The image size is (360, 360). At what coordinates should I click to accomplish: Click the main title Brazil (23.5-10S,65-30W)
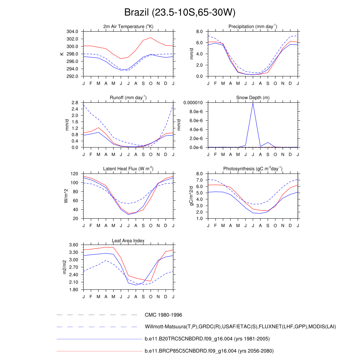coord(180,13)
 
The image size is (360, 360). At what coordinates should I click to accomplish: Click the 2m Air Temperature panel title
coord(128,27)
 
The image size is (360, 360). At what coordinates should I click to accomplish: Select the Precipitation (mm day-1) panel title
coord(253,27)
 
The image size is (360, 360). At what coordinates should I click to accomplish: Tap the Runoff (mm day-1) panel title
coord(128,98)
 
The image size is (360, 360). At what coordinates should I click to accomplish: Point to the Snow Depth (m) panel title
coord(253,98)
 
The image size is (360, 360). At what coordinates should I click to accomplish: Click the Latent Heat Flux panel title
coord(128,169)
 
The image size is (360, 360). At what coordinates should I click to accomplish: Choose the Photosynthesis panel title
coord(253,169)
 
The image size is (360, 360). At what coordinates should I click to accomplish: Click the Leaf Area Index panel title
coord(128,240)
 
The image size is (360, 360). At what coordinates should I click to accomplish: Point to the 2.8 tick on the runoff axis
coord(75,103)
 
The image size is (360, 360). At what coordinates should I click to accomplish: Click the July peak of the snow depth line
coord(253,103)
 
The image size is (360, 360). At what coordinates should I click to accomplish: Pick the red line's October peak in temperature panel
coord(151,38)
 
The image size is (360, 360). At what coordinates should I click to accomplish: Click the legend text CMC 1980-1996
coord(163,315)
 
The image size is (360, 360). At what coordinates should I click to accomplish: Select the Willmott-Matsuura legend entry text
coord(240,327)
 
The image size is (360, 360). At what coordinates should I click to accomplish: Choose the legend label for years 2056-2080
coord(209,351)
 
